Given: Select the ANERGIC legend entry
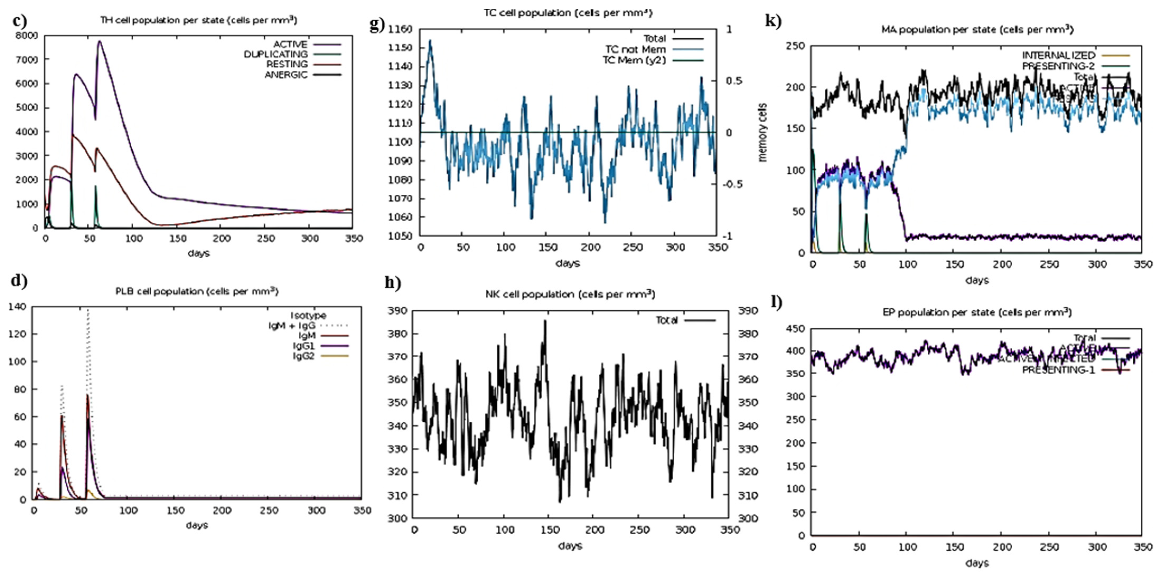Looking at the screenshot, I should [286, 75].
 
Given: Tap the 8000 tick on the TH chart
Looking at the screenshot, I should [26, 35].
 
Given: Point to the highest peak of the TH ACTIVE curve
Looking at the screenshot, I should [99, 42].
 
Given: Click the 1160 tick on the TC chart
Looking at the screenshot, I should [400, 29].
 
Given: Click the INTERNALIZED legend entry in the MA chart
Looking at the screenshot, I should [1058, 55].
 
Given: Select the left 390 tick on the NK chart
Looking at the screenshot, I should [397, 310].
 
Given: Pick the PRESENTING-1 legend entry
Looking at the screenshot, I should [1058, 370].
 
